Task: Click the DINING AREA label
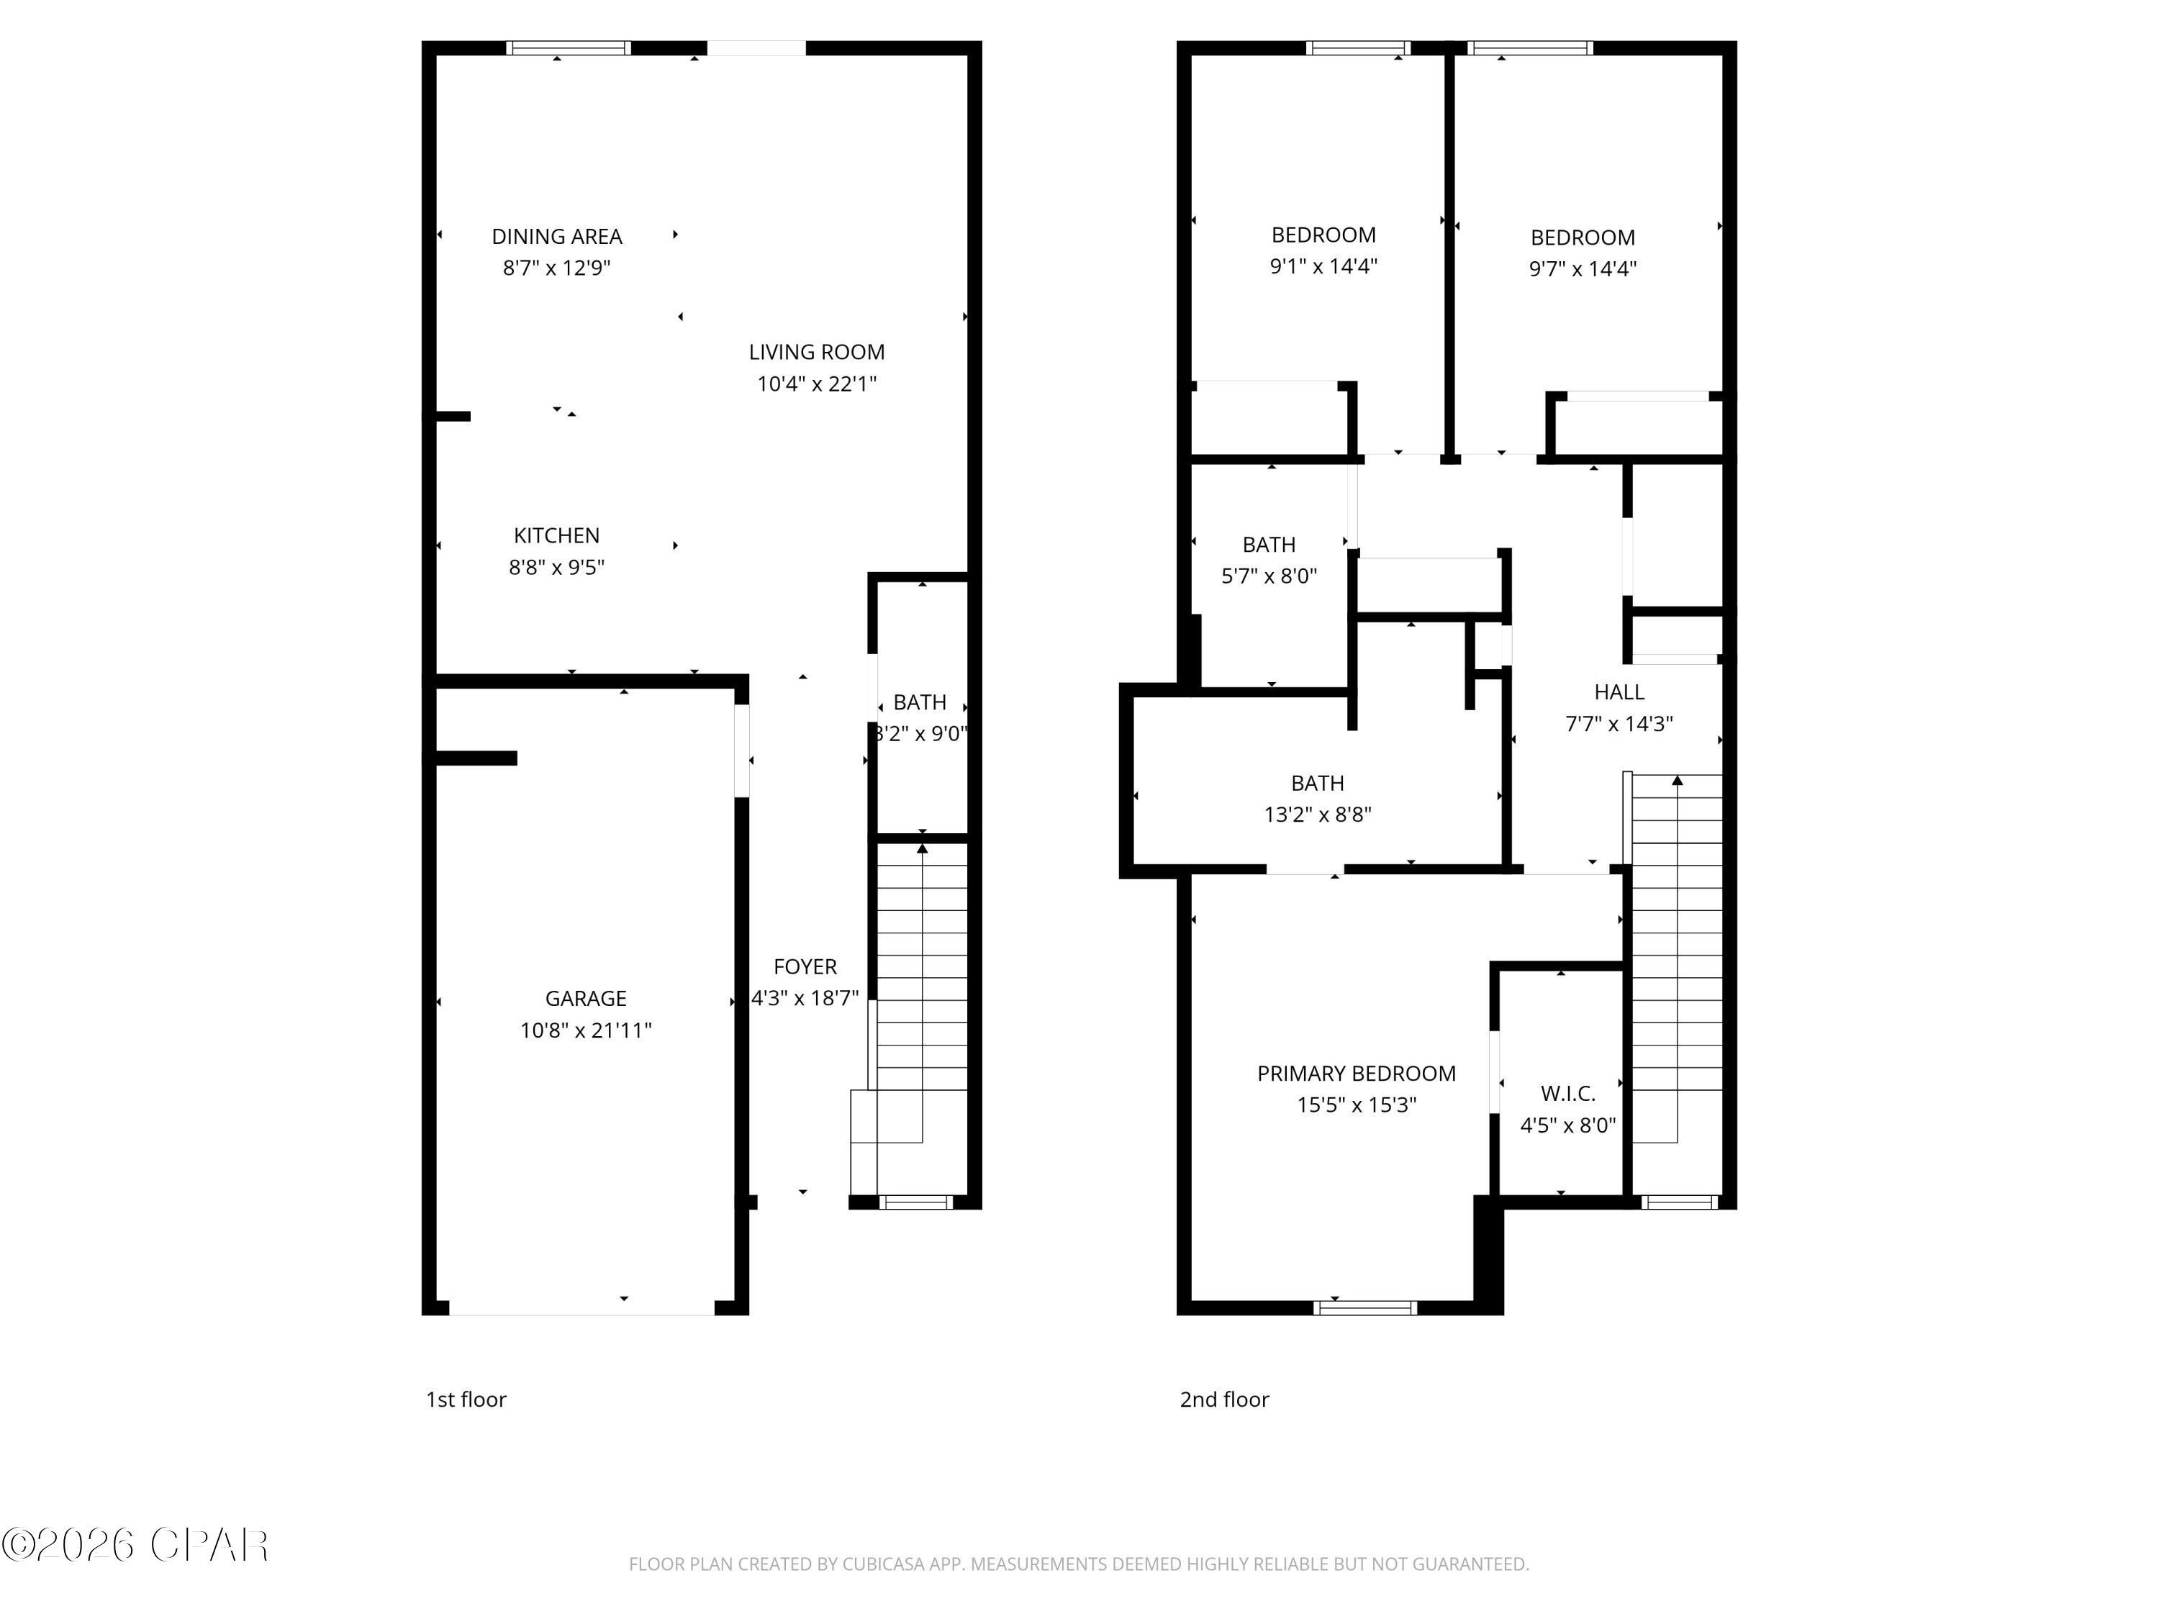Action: [556, 236]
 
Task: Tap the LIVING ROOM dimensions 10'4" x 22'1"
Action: [817, 384]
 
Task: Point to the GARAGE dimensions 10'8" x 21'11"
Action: [586, 1030]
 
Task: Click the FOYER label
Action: [805, 966]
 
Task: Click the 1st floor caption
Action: [466, 1400]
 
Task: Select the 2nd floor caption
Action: [1224, 1400]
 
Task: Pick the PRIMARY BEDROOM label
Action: [1356, 1074]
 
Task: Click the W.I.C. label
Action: [1567, 1093]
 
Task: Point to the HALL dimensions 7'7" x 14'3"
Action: [1619, 723]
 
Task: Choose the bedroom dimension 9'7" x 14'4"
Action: [1582, 268]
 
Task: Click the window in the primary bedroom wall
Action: [1364, 1307]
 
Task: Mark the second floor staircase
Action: [1676, 956]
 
